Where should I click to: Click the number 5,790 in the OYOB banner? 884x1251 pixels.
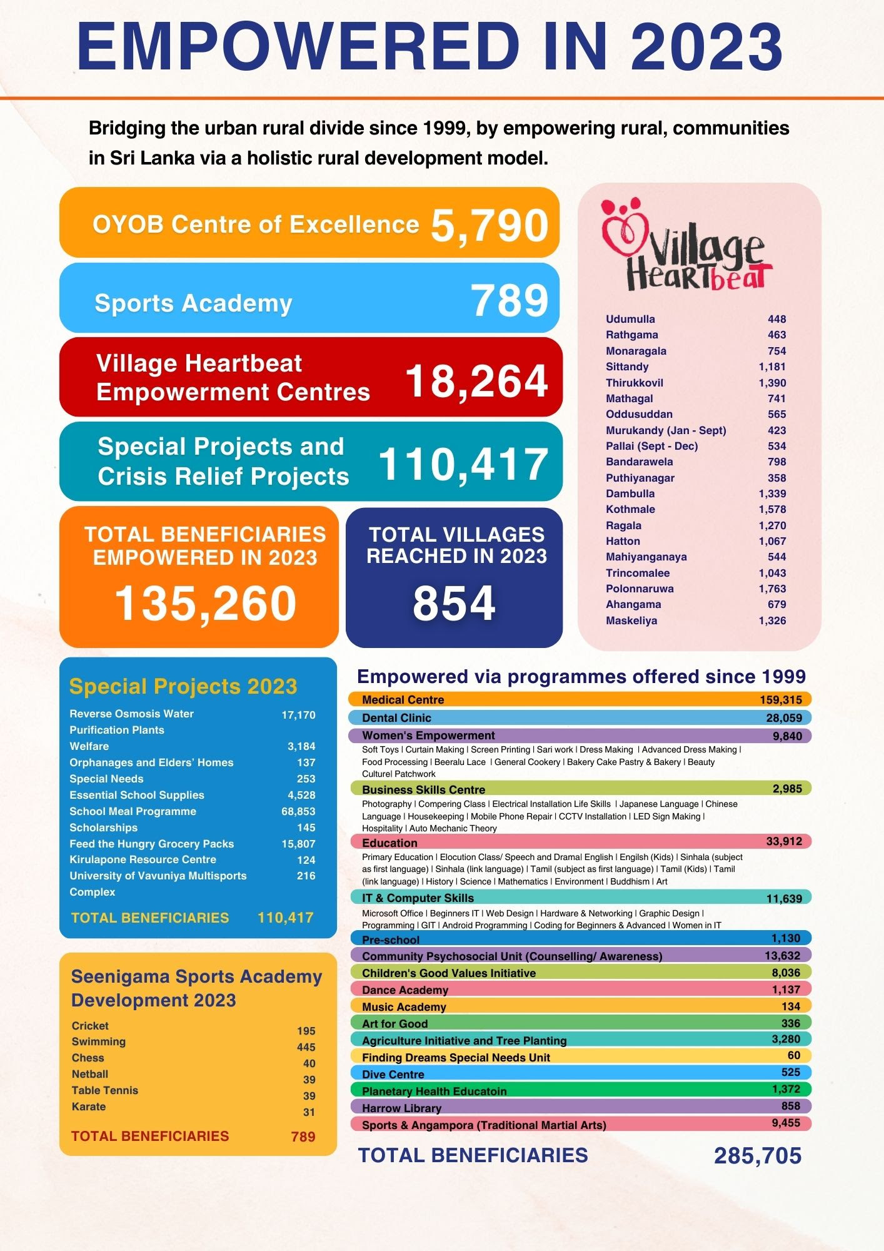(490, 226)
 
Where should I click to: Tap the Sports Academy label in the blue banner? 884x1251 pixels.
(193, 303)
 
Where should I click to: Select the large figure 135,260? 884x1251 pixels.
(206, 604)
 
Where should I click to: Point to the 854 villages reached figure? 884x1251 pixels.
(454, 604)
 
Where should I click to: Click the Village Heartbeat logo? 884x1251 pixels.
(686, 245)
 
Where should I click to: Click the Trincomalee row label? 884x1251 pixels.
(637, 573)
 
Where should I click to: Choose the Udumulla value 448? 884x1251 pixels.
(776, 319)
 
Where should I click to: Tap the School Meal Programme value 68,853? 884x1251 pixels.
(298, 811)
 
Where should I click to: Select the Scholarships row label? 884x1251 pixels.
(103, 828)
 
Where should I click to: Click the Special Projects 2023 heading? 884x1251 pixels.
(183, 686)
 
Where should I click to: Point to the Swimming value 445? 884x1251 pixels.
(306, 1047)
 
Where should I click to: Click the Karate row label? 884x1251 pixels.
(89, 1107)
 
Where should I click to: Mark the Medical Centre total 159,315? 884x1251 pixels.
(781, 700)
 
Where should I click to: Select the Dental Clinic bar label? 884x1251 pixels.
(396, 718)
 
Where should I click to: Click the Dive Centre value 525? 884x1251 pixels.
(790, 1072)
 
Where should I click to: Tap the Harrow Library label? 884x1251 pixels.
(401, 1108)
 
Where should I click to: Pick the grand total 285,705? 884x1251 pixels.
(757, 1156)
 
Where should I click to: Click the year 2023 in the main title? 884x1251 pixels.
(706, 47)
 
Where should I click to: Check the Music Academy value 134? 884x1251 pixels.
(790, 1006)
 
